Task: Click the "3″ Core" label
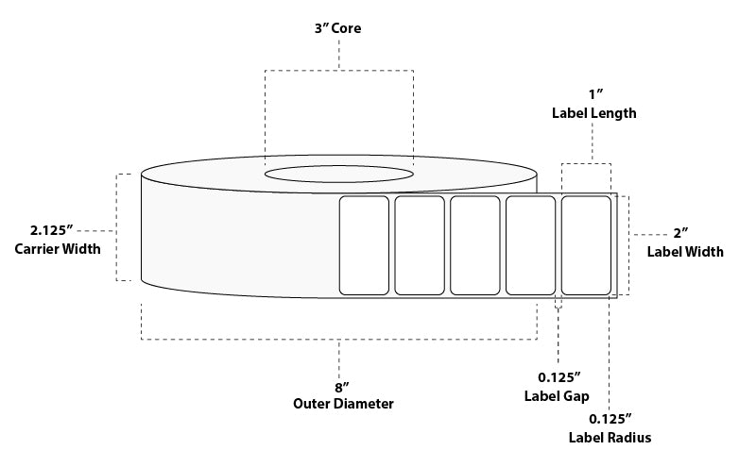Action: pos(338,28)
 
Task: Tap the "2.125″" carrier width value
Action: pos(52,230)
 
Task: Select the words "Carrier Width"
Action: pos(58,249)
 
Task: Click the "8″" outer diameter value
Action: pos(342,388)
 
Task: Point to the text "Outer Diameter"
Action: pos(343,404)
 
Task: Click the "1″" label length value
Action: pos(595,94)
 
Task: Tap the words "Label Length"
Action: pos(593,113)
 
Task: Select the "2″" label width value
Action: pos(680,233)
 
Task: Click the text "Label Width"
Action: pos(685,252)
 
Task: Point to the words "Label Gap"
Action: pos(557,396)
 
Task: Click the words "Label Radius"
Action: pos(610,438)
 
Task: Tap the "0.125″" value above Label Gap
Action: pos(559,377)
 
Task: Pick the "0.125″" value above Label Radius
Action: pos(610,419)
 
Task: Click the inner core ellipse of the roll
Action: pos(339,165)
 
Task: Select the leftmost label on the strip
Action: pos(364,245)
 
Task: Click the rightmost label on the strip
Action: pos(586,245)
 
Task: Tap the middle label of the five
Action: pos(475,245)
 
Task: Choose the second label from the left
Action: pos(420,245)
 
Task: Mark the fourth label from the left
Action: pos(531,245)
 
